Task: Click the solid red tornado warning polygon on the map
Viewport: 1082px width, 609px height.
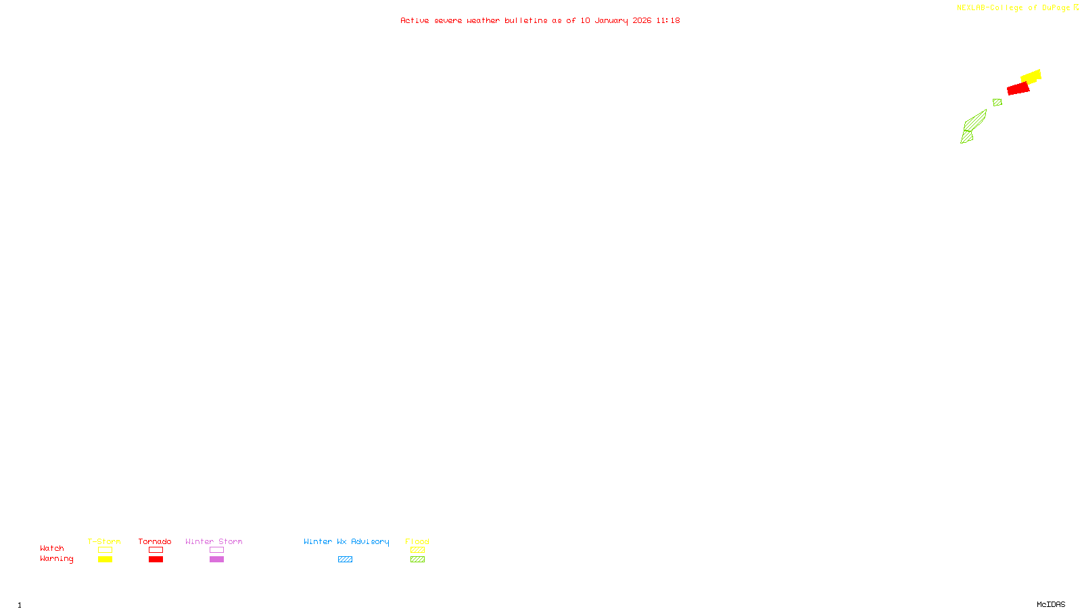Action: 1018,89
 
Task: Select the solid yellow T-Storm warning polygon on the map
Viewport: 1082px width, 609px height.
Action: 1032,76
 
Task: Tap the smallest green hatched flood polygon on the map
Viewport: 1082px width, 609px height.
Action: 997,102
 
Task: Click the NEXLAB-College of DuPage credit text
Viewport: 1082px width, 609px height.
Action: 1013,7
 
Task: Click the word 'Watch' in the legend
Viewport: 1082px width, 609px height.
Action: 52,548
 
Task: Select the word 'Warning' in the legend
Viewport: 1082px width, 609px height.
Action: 56,559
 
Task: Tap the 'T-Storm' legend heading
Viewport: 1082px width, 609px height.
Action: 104,541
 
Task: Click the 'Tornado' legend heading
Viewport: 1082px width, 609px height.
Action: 155,541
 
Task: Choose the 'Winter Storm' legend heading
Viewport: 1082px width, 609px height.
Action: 214,541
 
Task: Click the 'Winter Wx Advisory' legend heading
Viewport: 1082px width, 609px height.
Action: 346,541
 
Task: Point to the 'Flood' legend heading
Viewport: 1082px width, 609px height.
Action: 417,541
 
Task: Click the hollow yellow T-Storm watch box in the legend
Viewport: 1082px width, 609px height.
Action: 105,550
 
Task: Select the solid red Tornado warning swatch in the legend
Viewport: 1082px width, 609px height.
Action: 156,560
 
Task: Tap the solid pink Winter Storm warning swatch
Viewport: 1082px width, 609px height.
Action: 216,560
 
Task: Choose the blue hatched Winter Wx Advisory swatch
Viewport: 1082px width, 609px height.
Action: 345,560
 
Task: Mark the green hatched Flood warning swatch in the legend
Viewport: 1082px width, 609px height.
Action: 417,560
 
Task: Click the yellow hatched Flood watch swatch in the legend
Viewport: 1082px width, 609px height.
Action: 417,550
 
